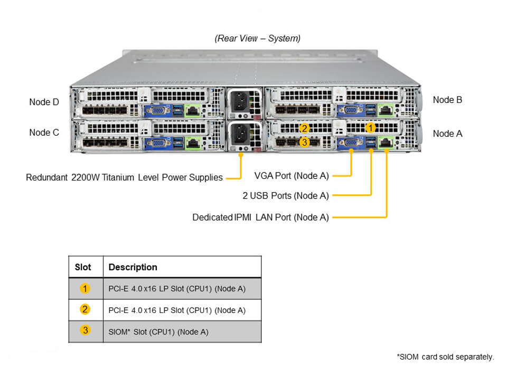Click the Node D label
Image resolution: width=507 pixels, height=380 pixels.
click(44, 102)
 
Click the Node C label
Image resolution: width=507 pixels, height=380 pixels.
click(44, 132)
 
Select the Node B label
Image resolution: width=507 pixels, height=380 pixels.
click(447, 100)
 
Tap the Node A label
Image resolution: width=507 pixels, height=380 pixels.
click(447, 134)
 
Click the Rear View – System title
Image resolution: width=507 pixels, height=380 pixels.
click(258, 38)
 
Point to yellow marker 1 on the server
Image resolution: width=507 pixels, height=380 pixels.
click(371, 128)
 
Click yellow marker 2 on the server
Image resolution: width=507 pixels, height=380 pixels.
click(304, 128)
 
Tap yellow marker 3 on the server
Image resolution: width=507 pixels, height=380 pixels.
click(304, 141)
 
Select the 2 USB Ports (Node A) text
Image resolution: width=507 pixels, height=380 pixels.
click(286, 196)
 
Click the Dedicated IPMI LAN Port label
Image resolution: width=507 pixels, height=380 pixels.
click(260, 217)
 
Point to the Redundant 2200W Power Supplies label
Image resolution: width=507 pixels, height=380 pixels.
click(124, 177)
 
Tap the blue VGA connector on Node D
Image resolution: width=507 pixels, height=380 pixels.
click(157, 110)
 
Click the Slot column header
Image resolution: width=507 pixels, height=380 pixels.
click(83, 267)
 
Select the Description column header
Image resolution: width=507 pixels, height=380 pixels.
click(133, 267)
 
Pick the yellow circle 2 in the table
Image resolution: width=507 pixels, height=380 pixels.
click(85, 310)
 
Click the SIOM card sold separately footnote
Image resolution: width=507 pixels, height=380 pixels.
click(445, 357)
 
